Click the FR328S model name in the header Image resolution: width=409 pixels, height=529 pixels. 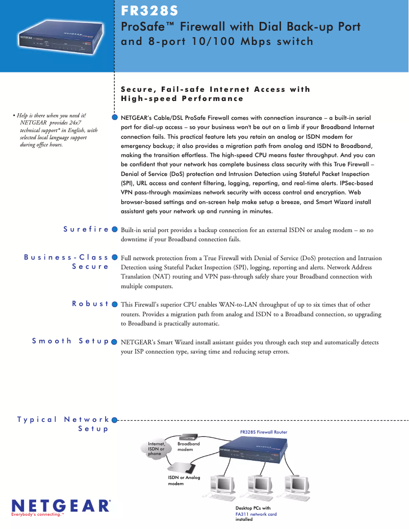pyautogui.click(x=149, y=11)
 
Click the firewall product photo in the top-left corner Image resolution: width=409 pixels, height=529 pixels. pyautogui.click(x=57, y=35)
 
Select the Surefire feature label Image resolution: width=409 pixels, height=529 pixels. pyautogui.click(x=86, y=230)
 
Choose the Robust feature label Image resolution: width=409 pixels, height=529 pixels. pyautogui.click(x=90, y=304)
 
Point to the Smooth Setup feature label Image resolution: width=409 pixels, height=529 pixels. pyautogui.click(x=70, y=341)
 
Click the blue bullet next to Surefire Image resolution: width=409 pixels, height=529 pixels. pyautogui.click(x=115, y=230)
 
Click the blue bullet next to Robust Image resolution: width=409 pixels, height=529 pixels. pyautogui.click(x=115, y=304)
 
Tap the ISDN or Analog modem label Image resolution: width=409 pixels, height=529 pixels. pyautogui.click(x=184, y=480)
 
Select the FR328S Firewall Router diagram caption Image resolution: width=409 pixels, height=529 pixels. pyautogui.click(x=264, y=432)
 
